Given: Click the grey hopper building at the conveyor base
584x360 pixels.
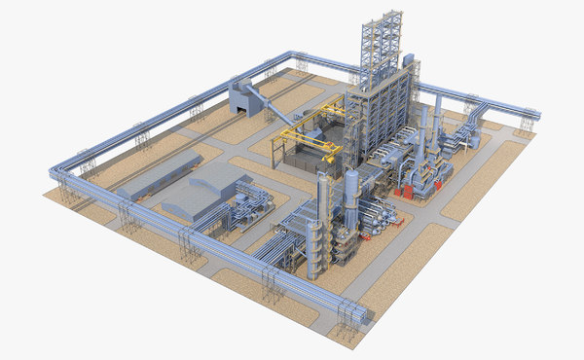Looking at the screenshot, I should (242, 97).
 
